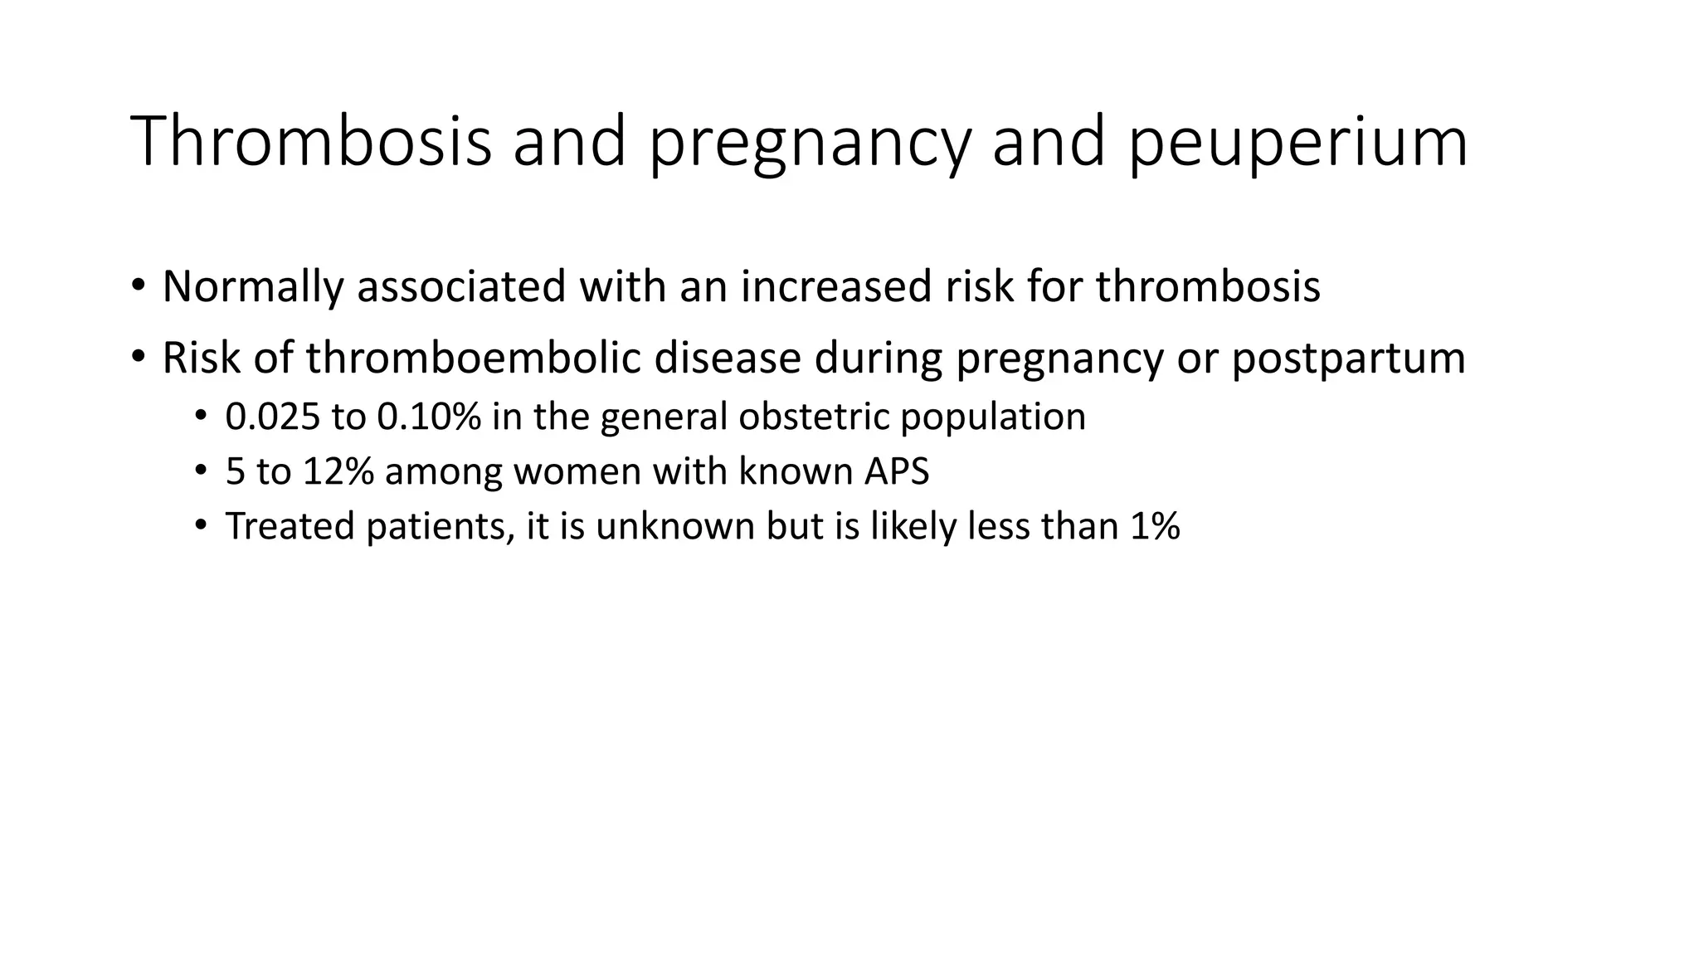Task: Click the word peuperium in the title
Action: click(x=1297, y=143)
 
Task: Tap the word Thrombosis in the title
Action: click(x=310, y=143)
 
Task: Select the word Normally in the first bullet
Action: click(x=252, y=286)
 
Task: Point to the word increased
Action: click(x=836, y=286)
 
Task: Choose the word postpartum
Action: click(x=1348, y=358)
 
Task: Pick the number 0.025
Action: click(x=272, y=417)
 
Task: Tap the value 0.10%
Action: click(x=428, y=417)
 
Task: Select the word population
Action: click(x=993, y=417)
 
